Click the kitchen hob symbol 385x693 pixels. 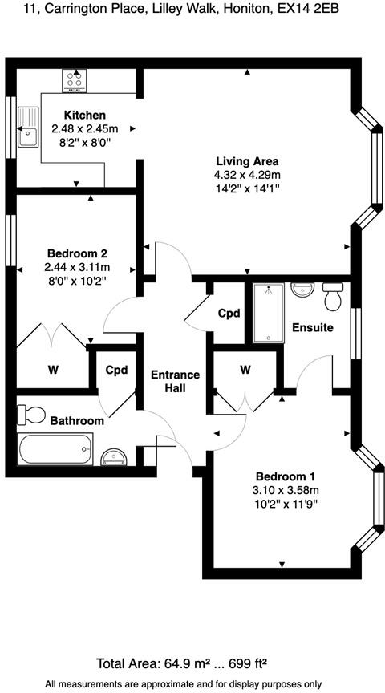pyautogui.click(x=75, y=81)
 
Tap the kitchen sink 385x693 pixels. pyautogui.click(x=29, y=128)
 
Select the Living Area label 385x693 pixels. pyautogui.click(x=247, y=161)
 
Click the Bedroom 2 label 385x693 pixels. pyautogui.click(x=77, y=253)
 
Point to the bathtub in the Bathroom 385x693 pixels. pyautogui.click(x=55, y=449)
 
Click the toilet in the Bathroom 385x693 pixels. pyautogui.click(x=31, y=415)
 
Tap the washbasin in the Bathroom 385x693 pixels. pyautogui.click(x=114, y=457)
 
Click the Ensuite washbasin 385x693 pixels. pyautogui.click(x=302, y=290)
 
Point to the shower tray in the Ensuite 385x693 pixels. pyautogui.click(x=269, y=313)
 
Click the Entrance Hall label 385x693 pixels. pyautogui.click(x=175, y=382)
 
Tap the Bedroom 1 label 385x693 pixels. pyautogui.click(x=286, y=477)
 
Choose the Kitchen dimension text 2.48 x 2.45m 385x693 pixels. pyautogui.click(x=85, y=129)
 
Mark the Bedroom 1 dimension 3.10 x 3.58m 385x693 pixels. pyautogui.click(x=286, y=490)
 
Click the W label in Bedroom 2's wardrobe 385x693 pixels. pyautogui.click(x=54, y=370)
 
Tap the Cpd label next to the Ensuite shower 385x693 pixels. pyautogui.click(x=229, y=314)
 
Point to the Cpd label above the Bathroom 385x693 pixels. pyautogui.click(x=116, y=370)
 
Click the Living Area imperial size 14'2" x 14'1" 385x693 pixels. pyautogui.click(x=247, y=188)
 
